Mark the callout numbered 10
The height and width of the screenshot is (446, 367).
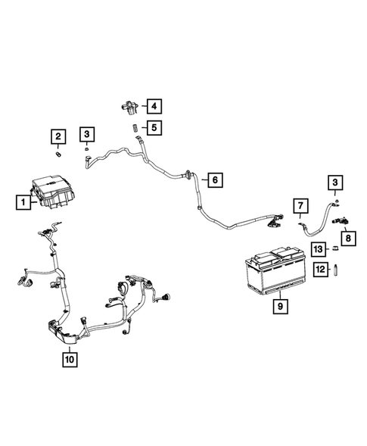[69, 359]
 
